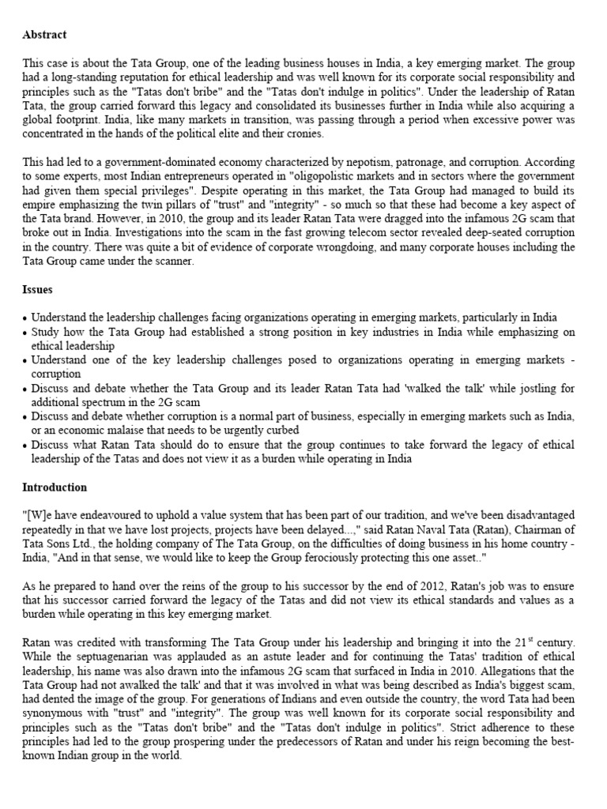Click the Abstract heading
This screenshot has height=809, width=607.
point(44,35)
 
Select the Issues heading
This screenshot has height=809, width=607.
point(37,290)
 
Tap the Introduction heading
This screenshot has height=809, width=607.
point(55,487)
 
